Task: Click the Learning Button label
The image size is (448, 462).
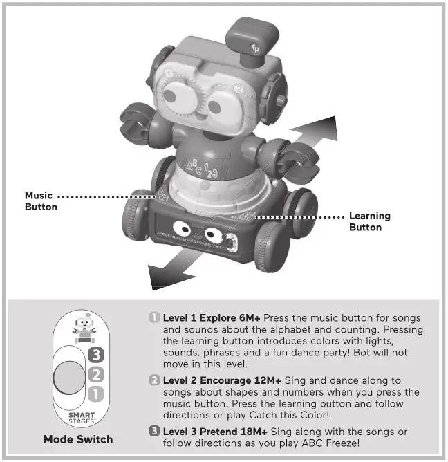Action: [369, 221]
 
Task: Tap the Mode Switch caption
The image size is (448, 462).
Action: [77, 439]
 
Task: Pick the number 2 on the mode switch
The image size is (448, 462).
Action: [97, 376]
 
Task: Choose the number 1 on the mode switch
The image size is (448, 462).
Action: [97, 394]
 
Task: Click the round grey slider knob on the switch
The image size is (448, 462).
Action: [68, 376]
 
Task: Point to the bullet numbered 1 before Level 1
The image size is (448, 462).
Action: [154, 317]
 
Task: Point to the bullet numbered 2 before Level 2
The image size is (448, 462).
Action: [154, 380]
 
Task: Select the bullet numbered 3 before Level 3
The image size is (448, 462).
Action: [154, 432]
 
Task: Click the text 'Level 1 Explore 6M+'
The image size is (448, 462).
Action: [212, 317]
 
